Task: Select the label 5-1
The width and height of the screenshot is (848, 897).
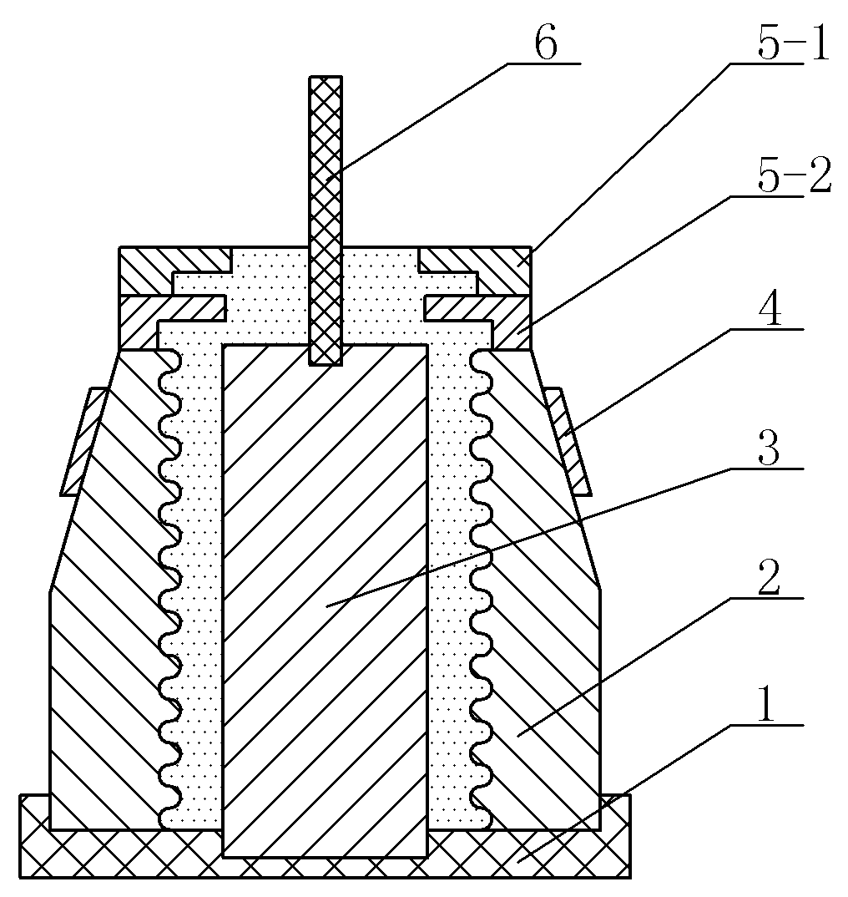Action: pos(793,43)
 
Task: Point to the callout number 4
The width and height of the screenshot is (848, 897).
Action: pos(770,310)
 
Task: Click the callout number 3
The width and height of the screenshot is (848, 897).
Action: pos(769,449)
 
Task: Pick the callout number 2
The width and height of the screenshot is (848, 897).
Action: pos(769,578)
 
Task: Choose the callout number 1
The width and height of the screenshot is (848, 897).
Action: pos(766,706)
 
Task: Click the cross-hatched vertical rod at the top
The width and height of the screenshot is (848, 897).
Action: pos(326,220)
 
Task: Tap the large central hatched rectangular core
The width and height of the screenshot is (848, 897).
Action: pos(325,601)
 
